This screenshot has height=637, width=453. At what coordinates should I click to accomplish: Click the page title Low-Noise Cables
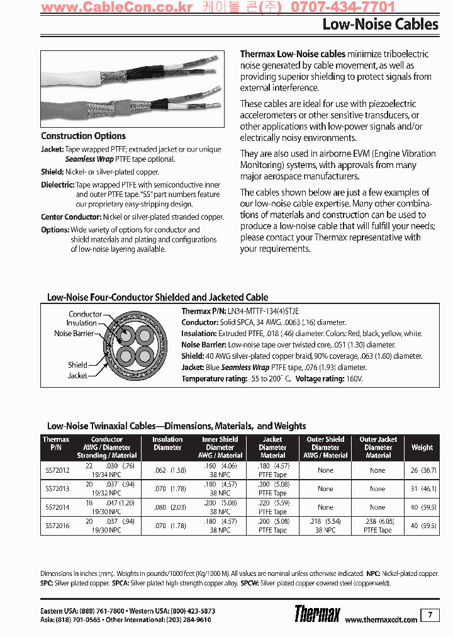coord(380,25)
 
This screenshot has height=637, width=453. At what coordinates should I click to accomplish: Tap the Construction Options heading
coord(83,136)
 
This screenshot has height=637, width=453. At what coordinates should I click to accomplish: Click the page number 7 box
coord(430,615)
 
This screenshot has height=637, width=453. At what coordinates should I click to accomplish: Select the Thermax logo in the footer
coord(317,614)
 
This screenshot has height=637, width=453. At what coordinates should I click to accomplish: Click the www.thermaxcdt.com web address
coord(381,619)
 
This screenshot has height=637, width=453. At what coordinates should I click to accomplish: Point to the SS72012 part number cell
coord(57,470)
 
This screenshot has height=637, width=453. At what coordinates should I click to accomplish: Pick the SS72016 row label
coord(57,526)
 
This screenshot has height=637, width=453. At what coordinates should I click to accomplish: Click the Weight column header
coord(422,448)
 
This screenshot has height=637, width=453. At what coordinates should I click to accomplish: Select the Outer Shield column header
coord(325,448)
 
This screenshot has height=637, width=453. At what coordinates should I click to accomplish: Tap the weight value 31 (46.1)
coord(423,488)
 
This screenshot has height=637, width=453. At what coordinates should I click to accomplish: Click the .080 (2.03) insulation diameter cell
coord(167,507)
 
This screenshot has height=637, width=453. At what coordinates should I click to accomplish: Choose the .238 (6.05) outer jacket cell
coord(378,522)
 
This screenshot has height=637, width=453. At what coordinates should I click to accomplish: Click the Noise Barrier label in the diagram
coord(74,334)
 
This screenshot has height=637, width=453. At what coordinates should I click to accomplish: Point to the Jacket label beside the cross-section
coord(77,376)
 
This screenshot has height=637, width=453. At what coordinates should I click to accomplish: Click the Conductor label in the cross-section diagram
coord(85,314)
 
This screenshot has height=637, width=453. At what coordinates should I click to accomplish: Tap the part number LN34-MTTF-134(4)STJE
coord(263,311)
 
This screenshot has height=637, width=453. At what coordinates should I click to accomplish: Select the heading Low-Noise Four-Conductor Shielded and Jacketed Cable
coord(157,297)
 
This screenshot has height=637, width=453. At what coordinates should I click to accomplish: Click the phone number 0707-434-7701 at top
coord(343,8)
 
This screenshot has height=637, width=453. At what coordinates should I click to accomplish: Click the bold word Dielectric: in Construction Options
coord(58,185)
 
